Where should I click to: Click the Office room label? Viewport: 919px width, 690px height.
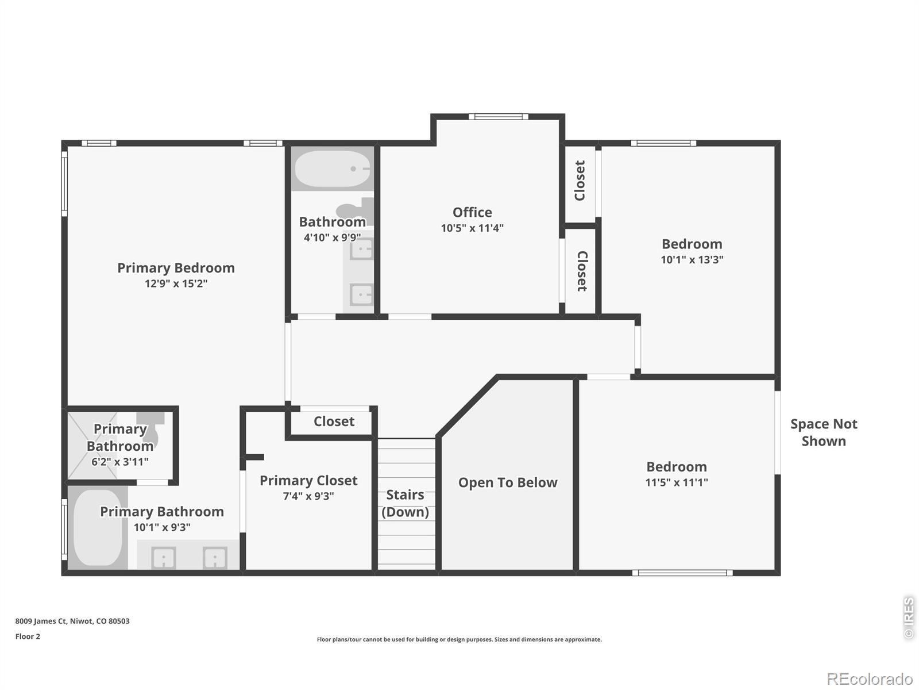(x=472, y=212)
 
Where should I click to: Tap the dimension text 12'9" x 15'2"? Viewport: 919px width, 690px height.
(x=176, y=283)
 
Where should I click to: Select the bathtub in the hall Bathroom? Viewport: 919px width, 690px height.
(x=333, y=169)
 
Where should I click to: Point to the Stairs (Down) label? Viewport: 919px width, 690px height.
(x=405, y=503)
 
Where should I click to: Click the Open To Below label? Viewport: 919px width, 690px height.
(x=508, y=482)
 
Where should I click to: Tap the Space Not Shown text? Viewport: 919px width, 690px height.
(x=824, y=432)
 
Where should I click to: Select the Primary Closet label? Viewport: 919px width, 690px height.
(x=308, y=480)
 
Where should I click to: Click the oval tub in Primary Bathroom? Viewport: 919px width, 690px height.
(x=98, y=527)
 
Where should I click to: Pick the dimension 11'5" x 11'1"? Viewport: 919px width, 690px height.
(x=677, y=482)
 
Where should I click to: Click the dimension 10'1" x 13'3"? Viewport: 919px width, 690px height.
(x=692, y=259)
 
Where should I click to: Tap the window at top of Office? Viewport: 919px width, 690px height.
(x=498, y=117)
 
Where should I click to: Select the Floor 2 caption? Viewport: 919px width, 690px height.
(x=28, y=637)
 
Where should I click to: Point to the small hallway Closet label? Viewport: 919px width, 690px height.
(x=334, y=421)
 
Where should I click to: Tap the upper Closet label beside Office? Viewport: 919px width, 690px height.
(x=580, y=181)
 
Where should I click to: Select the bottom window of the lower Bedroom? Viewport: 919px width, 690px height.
(x=682, y=573)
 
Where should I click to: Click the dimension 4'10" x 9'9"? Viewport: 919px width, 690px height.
(x=332, y=237)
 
